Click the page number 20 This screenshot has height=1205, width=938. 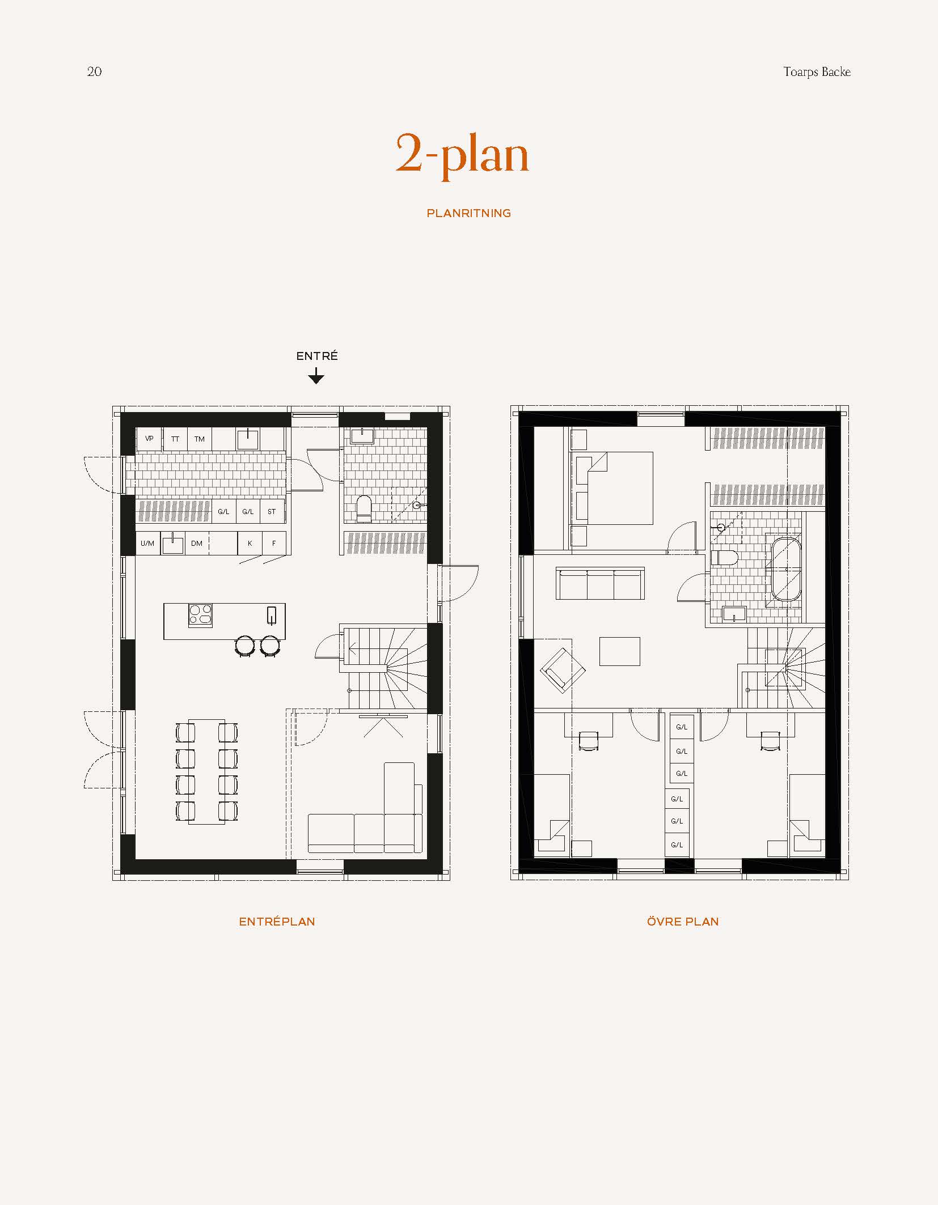tap(94, 71)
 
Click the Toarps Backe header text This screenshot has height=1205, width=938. tap(817, 72)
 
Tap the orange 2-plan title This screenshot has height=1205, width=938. tap(462, 155)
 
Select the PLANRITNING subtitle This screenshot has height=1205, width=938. tap(468, 214)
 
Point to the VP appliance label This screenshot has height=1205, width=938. tap(149, 439)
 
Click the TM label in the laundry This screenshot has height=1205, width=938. tap(199, 439)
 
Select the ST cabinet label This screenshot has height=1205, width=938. tap(272, 512)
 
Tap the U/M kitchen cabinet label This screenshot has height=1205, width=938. tap(147, 544)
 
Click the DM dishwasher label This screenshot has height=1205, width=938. tap(197, 544)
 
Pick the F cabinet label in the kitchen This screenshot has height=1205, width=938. tap(274, 544)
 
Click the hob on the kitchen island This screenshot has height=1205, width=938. tap(200, 615)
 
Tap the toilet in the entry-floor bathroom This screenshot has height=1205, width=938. tap(364, 509)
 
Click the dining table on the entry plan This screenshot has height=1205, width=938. tap(206, 771)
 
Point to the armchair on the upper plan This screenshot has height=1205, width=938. tap(563, 671)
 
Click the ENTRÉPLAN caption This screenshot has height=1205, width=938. tap(277, 922)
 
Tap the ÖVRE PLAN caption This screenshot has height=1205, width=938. tap(683, 922)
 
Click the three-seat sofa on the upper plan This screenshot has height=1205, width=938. tap(600, 584)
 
